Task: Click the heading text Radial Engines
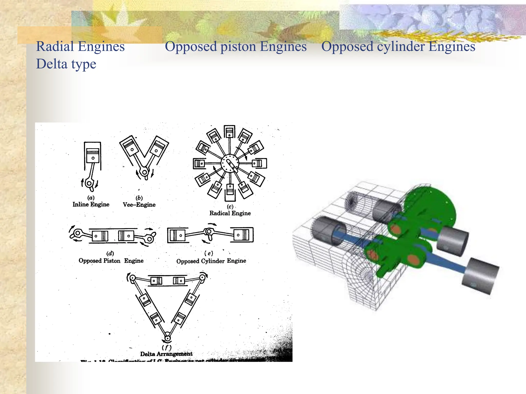click(80, 47)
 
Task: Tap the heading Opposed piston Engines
click(236, 47)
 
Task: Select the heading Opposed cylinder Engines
click(398, 47)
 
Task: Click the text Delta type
click(66, 64)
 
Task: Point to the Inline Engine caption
click(91, 204)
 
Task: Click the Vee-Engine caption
click(139, 205)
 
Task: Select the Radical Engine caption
click(230, 213)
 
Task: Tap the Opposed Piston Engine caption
click(111, 261)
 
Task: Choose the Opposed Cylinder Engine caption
click(211, 261)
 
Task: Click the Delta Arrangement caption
click(166, 354)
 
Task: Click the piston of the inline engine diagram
click(93, 155)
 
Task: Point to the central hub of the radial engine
click(230, 163)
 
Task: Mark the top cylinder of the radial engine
click(229, 132)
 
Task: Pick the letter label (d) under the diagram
click(110, 253)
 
